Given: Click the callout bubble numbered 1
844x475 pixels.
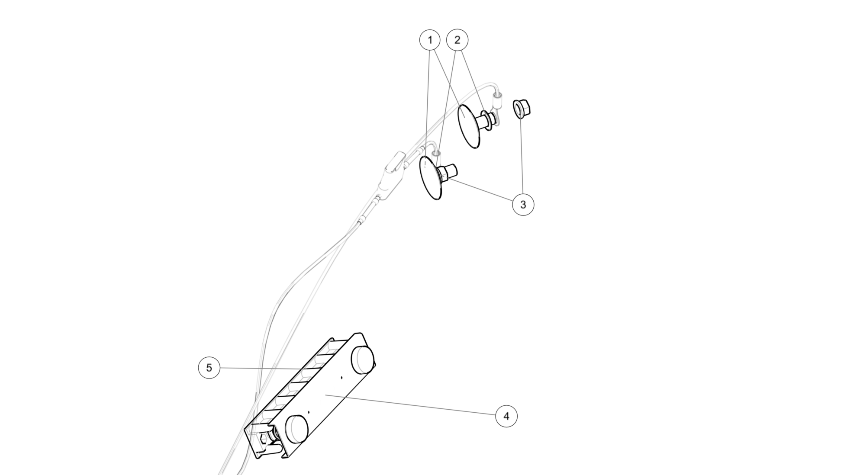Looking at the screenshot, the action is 430,40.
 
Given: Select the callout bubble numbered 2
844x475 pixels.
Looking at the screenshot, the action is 457,40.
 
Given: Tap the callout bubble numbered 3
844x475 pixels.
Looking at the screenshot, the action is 523,205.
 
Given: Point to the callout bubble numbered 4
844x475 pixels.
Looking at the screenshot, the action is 506,416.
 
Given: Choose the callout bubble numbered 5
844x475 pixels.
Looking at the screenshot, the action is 209,368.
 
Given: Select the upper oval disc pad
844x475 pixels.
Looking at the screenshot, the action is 469,126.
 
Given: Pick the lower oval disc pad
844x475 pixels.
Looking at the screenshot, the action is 431,178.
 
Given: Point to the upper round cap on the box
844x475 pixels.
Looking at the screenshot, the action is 363,360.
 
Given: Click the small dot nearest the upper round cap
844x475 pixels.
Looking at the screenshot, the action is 341,377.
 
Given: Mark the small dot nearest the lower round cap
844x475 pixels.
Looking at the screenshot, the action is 309,412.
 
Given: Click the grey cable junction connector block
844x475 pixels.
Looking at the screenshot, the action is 391,173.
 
